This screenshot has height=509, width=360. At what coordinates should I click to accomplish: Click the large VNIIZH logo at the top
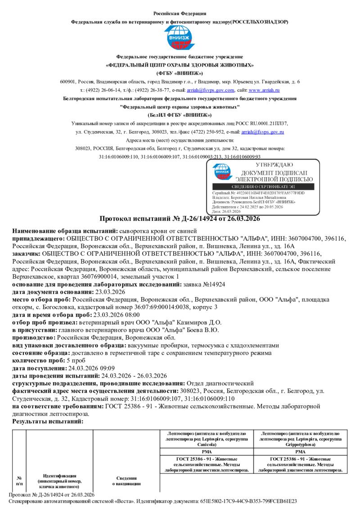(x=180, y=38)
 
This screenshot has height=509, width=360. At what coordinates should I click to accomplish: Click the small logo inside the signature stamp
(x=222, y=171)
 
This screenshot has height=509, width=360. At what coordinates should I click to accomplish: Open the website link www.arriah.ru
(x=261, y=90)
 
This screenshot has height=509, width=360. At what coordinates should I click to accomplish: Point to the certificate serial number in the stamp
(x=258, y=193)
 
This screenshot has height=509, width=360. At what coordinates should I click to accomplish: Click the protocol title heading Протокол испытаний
(x=180, y=219)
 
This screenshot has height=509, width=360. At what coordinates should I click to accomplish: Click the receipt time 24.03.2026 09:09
(x=85, y=368)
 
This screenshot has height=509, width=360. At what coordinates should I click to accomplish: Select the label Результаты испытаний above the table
(x=48, y=421)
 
